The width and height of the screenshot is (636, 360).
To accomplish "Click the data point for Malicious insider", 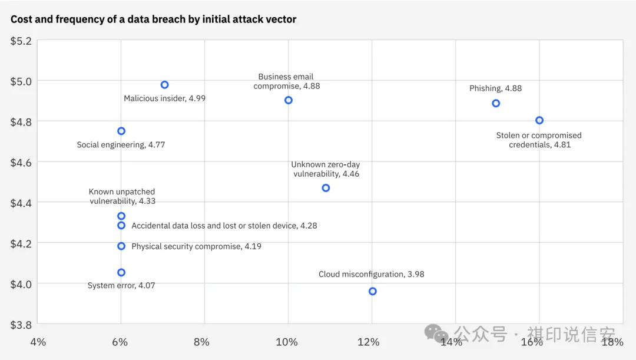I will point(164,85).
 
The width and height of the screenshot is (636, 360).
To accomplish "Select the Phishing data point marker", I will point(496,103).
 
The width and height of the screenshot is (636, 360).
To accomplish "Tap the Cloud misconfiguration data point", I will point(372,291).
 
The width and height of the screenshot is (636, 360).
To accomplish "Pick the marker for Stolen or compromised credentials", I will point(539,120).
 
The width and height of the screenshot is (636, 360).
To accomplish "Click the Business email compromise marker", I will point(288,100).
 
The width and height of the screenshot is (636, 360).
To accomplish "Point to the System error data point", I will point(121,272).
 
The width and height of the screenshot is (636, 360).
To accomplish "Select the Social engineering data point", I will point(121,131).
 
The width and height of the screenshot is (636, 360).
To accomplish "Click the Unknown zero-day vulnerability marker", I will point(326,188).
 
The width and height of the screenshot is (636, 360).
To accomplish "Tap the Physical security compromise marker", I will point(121,246).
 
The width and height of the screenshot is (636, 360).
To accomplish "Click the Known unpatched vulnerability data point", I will point(121,216).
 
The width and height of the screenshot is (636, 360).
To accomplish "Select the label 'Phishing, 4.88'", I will point(495,88).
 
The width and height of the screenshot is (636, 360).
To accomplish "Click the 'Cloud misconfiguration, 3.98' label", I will point(371,275).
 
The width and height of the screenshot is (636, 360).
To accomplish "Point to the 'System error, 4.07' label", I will point(121,286).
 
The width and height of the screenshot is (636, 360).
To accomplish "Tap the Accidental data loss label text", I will point(224,226).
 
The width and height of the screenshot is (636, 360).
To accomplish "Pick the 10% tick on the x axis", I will point(287,342).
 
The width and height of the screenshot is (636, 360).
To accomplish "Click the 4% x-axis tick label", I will point(38,342).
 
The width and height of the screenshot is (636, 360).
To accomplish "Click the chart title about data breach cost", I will point(153,19).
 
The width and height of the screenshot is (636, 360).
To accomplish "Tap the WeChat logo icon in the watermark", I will point(436,334).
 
